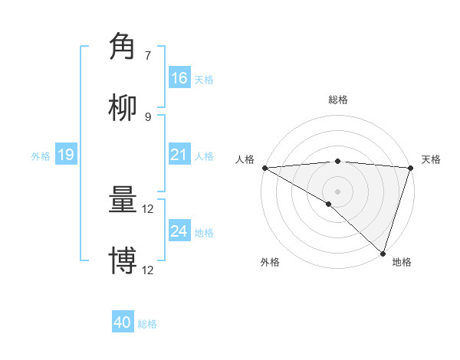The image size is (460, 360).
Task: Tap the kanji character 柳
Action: click(x=123, y=108)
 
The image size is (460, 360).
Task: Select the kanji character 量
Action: click(x=123, y=201)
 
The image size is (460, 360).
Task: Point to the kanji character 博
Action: click(x=123, y=261)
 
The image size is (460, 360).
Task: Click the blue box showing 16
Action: click(x=179, y=78)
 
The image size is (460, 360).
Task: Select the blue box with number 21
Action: click(x=179, y=155)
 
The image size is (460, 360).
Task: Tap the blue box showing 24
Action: click(x=179, y=231)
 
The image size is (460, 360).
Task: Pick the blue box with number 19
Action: click(x=65, y=155)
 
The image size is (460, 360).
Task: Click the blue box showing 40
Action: click(x=123, y=322)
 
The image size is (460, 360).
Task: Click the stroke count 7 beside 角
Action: click(x=148, y=55)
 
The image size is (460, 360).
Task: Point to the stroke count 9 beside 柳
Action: click(x=148, y=116)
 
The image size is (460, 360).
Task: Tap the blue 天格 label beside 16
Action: click(x=204, y=79)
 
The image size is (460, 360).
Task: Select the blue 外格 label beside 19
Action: click(x=41, y=155)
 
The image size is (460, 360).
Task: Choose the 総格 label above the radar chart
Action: click(x=337, y=100)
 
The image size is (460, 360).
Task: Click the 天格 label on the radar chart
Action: click(x=432, y=159)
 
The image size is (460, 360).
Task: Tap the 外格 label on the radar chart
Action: click(x=270, y=262)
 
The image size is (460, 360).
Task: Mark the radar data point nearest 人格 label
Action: click(x=264, y=168)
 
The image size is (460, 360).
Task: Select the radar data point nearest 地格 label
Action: click(x=383, y=254)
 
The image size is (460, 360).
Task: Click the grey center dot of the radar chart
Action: click(x=337, y=191)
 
